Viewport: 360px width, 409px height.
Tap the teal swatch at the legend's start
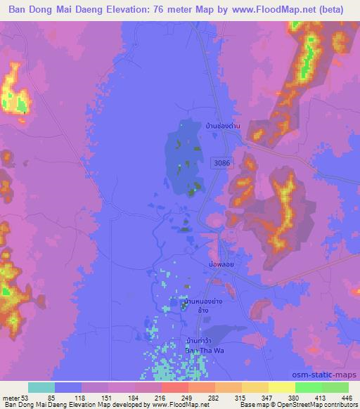coord(41,387)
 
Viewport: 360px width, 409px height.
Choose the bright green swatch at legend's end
coord(335,387)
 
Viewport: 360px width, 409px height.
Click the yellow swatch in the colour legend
coord(282,387)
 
